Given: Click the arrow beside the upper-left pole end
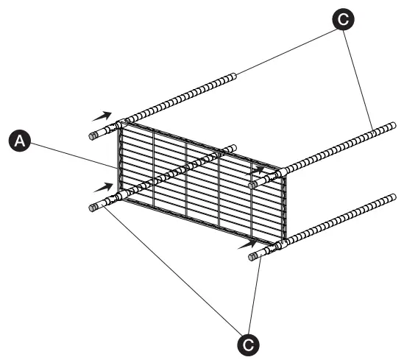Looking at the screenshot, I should point(102,116).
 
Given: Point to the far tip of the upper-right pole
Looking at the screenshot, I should point(390,127).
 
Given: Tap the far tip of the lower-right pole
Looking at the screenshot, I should point(391,197).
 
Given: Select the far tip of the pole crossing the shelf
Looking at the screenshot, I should point(233,149).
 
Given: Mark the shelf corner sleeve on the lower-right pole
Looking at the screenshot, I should point(280,246).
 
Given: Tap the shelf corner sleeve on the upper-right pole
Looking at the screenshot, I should point(280,174).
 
